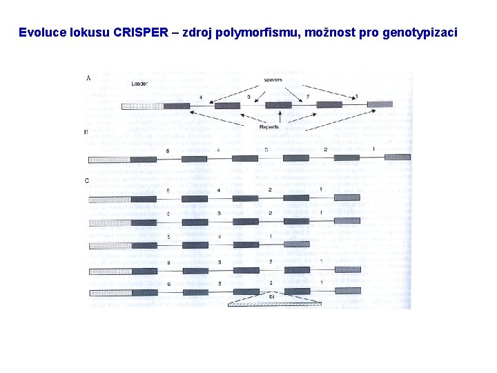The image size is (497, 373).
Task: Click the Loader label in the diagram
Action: click(x=139, y=84)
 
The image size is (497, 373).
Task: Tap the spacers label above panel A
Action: click(x=273, y=79)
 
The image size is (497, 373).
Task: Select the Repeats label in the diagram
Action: click(x=269, y=127)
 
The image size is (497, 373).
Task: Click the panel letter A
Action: click(x=88, y=78)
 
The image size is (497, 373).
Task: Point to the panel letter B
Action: click(x=86, y=131)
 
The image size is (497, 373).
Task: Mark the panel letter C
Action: click(x=86, y=181)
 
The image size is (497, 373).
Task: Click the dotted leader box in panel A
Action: click(x=142, y=106)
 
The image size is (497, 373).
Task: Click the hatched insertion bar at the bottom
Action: click(x=275, y=303)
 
